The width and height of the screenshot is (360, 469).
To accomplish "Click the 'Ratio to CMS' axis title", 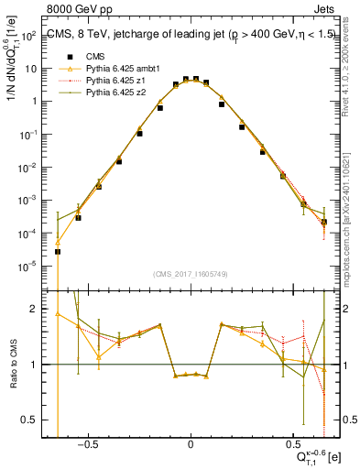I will pyautogui.click(x=13, y=365).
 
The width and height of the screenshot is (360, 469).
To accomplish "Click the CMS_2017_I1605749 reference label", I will pyautogui.click(x=190, y=274).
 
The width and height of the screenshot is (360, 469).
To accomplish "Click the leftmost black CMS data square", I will pyautogui.click(x=58, y=251).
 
